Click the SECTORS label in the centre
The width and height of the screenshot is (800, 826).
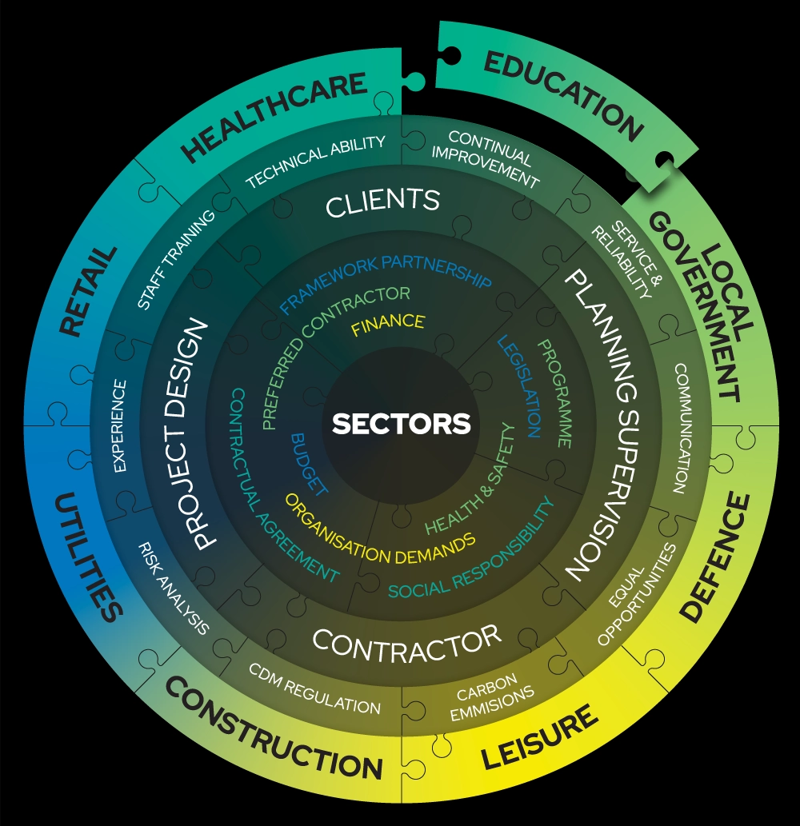click(x=401, y=424)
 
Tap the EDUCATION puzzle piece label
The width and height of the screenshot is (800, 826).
click(x=563, y=95)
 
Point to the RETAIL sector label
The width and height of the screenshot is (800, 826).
click(x=89, y=292)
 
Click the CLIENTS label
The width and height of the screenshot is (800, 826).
click(x=383, y=203)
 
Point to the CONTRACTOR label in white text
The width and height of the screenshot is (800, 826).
click(x=406, y=643)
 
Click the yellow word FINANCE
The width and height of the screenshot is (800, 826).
click(x=388, y=323)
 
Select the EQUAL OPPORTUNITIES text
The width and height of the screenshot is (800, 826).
click(x=637, y=596)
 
